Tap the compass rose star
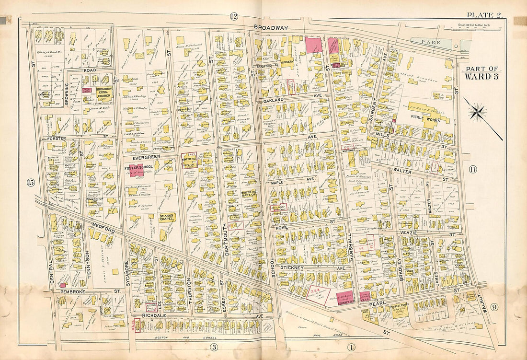[478, 113]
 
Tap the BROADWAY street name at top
[271, 28]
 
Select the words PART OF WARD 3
[481, 73]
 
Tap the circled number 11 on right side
[472, 169]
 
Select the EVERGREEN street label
[139, 156]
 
